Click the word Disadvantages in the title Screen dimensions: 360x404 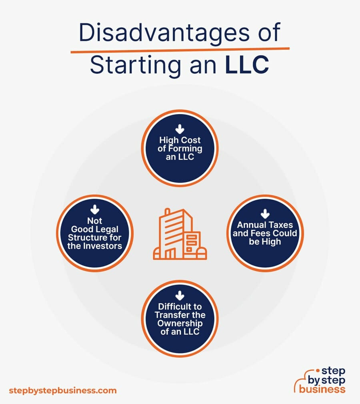tap(164, 33)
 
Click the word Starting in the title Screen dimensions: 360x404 tap(136, 66)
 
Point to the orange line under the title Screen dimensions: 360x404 tap(180, 50)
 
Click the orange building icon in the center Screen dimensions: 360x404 tap(180, 234)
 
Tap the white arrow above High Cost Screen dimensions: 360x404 tap(180, 129)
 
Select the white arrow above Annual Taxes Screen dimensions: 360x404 tap(265, 214)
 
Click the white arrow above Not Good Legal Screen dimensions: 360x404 tap(95, 210)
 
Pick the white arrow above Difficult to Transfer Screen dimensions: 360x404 tap(180, 296)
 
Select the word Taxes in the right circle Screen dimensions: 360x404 tap(281, 225)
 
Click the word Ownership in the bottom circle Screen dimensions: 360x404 tap(180, 324)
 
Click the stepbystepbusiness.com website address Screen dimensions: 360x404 tap(63, 391)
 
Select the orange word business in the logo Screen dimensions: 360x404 tap(322, 389)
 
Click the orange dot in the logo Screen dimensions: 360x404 tap(318, 371)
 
